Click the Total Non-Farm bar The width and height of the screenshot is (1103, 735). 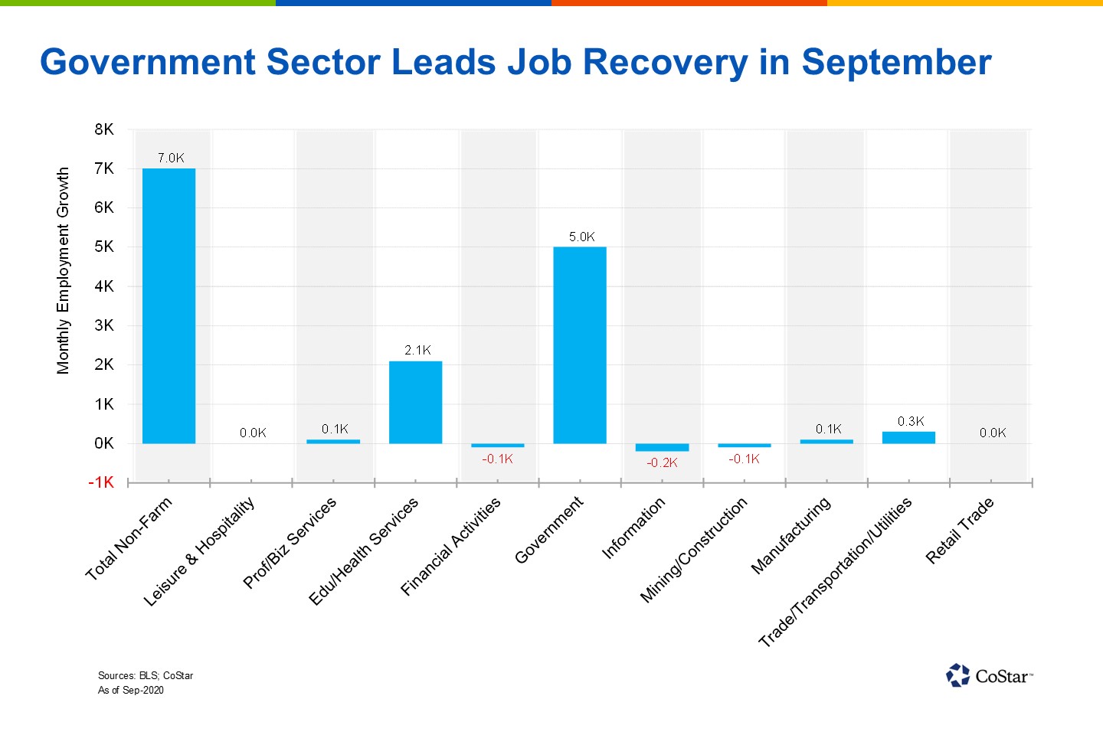coord(169,306)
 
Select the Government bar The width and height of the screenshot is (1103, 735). coord(580,345)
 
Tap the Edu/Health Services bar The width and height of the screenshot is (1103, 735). coord(415,402)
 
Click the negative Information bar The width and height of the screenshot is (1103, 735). coord(662,447)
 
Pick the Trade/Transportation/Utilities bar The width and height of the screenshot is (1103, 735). coord(908,438)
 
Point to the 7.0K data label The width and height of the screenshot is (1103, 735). coord(171,158)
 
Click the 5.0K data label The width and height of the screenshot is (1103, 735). coord(581,237)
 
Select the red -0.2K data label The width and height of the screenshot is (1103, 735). coord(662,462)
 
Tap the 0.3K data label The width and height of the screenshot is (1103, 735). coord(911,421)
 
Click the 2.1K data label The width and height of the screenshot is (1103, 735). coord(417,350)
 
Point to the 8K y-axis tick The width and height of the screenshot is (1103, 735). coord(104,129)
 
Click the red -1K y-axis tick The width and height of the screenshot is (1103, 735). coord(101,482)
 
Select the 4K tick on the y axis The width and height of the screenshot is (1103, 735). coord(104,286)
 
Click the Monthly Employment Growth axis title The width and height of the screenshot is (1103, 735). coord(63,271)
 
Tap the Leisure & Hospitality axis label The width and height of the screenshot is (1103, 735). coord(199,551)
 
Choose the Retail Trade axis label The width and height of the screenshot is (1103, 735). coord(960,531)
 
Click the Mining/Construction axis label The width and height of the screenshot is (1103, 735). coord(693,550)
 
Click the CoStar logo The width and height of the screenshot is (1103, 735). coord(989,676)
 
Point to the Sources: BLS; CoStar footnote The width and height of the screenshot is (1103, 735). coord(146,675)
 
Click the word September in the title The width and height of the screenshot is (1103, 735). coord(896,63)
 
